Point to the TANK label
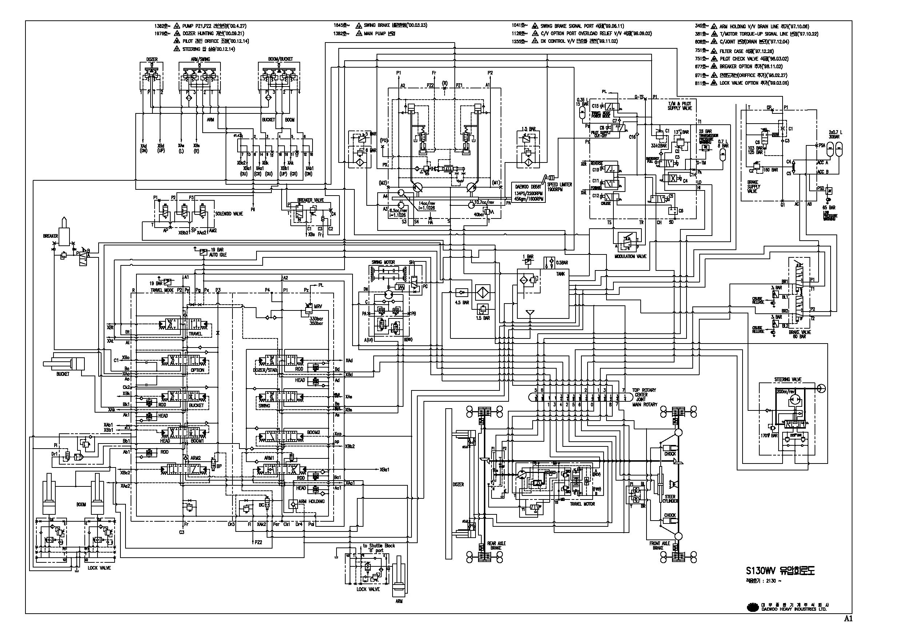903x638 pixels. tap(560, 274)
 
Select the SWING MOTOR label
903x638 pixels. tap(383, 262)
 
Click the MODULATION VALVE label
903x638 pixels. tap(630, 256)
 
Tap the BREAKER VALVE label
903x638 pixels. tap(310, 200)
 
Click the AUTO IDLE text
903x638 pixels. tap(218, 255)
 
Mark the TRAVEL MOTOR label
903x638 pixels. tap(582, 504)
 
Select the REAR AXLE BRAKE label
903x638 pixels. tap(496, 545)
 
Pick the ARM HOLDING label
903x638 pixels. tap(311, 501)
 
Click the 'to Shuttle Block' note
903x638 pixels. tap(379, 546)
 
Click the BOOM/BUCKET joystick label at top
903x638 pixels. tap(281, 59)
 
